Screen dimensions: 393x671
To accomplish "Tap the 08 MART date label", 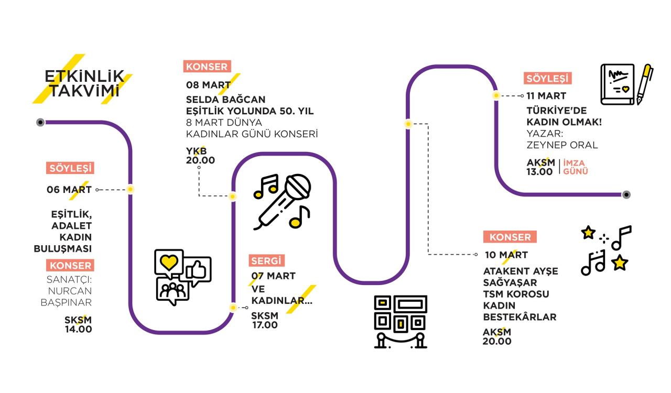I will tap(208, 85).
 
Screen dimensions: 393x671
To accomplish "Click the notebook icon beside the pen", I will tap(618, 84).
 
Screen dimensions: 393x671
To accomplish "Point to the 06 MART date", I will tap(69, 190).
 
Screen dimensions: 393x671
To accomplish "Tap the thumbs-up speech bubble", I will tap(198, 269).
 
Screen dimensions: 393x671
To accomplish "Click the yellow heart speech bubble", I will tap(168, 263).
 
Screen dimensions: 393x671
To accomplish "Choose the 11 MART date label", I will tap(546, 96).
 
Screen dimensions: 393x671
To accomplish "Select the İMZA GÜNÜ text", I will tap(576, 167).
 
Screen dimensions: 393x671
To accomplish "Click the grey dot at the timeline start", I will tap(40, 122).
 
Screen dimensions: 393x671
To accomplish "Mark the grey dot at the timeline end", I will tap(626, 194).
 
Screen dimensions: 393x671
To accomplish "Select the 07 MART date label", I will tap(273, 276).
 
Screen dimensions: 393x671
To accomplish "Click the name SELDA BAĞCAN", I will tap(225, 99).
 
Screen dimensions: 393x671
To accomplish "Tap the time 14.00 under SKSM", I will tap(78, 330).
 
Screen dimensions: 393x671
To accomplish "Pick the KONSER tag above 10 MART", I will tap(510, 237).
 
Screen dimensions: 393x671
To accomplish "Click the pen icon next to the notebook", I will tap(645, 83).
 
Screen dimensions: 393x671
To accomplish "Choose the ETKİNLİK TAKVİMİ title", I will tap(84, 83).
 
